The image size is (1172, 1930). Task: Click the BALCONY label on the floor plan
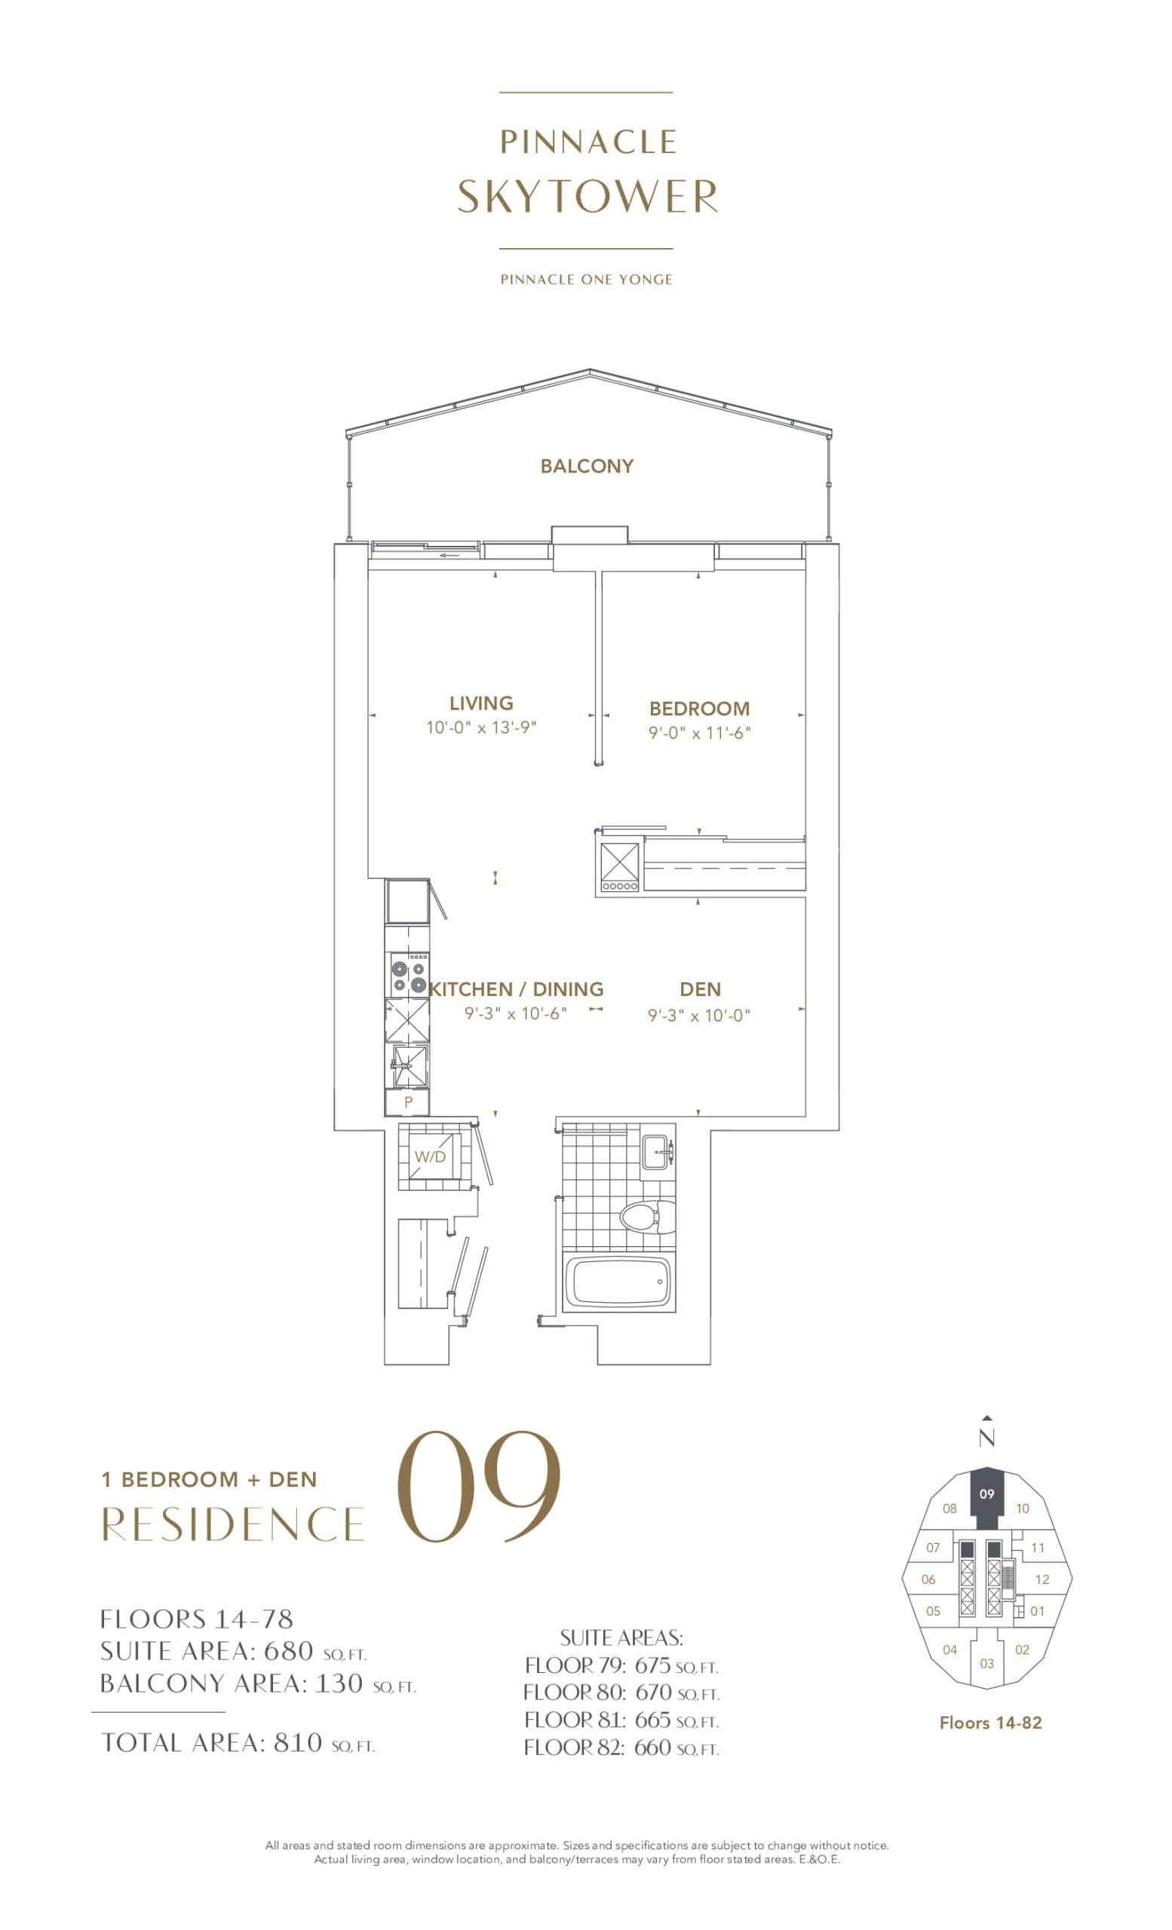(586, 466)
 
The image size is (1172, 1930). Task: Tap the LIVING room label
(481, 703)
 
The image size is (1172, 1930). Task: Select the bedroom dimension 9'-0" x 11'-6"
(700, 733)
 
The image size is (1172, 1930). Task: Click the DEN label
(700, 989)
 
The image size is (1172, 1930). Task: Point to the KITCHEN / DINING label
(517, 989)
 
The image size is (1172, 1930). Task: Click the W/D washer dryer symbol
(430, 1156)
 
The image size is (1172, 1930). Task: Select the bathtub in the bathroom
(618, 1283)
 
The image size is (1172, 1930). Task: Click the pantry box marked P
(407, 1102)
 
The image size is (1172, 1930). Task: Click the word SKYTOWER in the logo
(587, 196)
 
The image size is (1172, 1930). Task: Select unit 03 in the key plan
(986, 1663)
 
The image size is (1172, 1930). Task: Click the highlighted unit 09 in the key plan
(986, 1493)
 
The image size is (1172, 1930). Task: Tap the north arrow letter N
(986, 1438)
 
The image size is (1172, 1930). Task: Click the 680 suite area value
(288, 1650)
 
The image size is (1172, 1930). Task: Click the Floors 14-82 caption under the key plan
(990, 1723)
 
